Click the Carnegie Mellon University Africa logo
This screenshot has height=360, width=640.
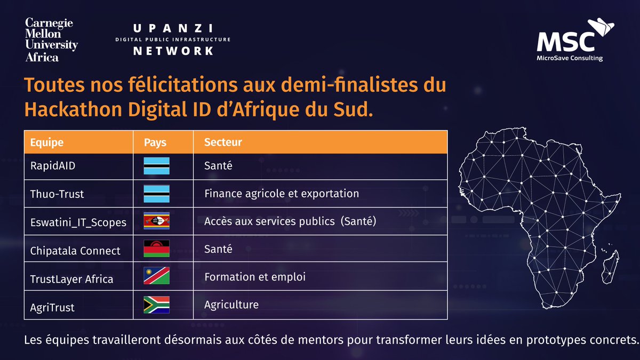pyautogui.click(x=51, y=39)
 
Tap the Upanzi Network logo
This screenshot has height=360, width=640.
pyautogui.click(x=173, y=39)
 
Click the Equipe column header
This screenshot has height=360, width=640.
pyautogui.click(x=47, y=142)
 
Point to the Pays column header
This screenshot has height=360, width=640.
pyautogui.click(x=155, y=142)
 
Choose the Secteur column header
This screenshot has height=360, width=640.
pyautogui.click(x=223, y=142)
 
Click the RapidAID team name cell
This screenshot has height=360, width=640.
pyautogui.click(x=53, y=166)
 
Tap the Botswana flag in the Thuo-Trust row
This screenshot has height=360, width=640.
pyautogui.click(x=156, y=194)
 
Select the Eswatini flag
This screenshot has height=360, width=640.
pyautogui.click(x=156, y=221)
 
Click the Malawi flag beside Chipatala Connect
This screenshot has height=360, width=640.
pyautogui.click(x=156, y=249)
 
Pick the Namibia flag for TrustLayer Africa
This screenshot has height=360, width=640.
pyautogui.click(x=156, y=276)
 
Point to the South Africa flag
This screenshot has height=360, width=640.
pyautogui.click(x=156, y=305)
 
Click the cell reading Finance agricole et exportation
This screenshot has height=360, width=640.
pyautogui.click(x=282, y=194)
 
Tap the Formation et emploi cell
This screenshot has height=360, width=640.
pyautogui.click(x=254, y=277)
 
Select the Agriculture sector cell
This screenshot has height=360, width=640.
pyautogui.click(x=231, y=305)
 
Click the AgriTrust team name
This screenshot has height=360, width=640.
pyautogui.click(x=52, y=308)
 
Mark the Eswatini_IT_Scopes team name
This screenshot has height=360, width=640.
pyautogui.click(x=78, y=222)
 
